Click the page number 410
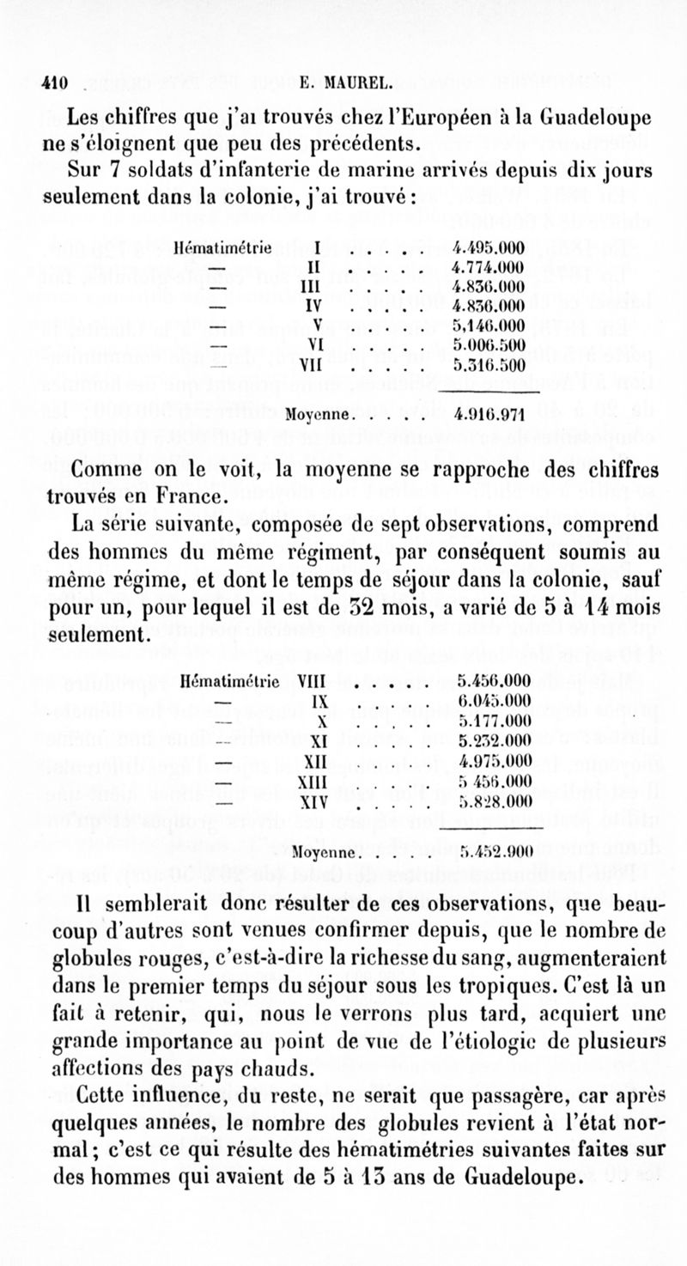[x=55, y=83]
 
